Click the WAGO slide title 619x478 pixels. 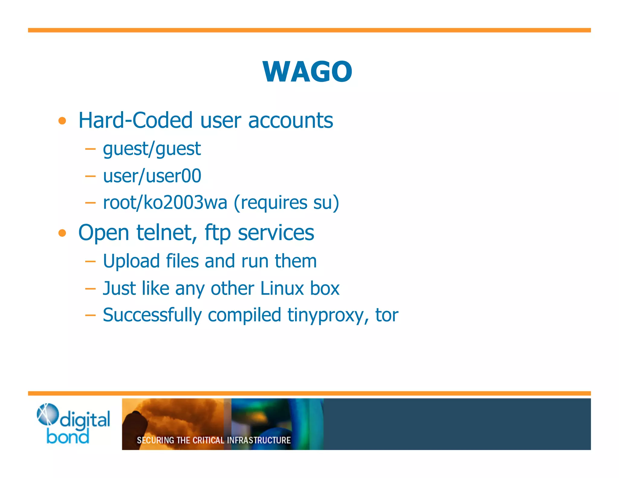[x=307, y=72]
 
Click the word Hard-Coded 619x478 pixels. [x=135, y=120]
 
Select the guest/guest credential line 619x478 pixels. [x=152, y=149]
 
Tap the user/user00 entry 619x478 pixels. [x=152, y=176]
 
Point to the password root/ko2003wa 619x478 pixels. [x=165, y=202]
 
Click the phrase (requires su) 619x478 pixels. [x=286, y=202]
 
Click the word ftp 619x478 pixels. [x=218, y=233]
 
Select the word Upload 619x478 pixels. [x=131, y=261]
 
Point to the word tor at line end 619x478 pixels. [x=387, y=315]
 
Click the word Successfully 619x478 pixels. [x=152, y=315]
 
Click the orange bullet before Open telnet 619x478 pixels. [x=62, y=233]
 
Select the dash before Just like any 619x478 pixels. [x=90, y=289]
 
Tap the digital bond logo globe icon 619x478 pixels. [x=47, y=414]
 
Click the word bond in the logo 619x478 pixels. [x=68, y=437]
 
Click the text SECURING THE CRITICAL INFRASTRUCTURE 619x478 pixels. [x=213, y=440]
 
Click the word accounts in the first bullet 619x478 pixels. [x=290, y=120]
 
